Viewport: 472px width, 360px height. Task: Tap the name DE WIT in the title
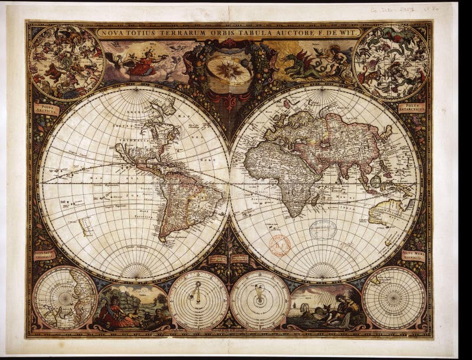[x=343, y=33]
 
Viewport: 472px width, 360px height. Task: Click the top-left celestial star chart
[x=67, y=62]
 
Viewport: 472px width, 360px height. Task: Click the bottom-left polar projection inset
[x=65, y=297]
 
